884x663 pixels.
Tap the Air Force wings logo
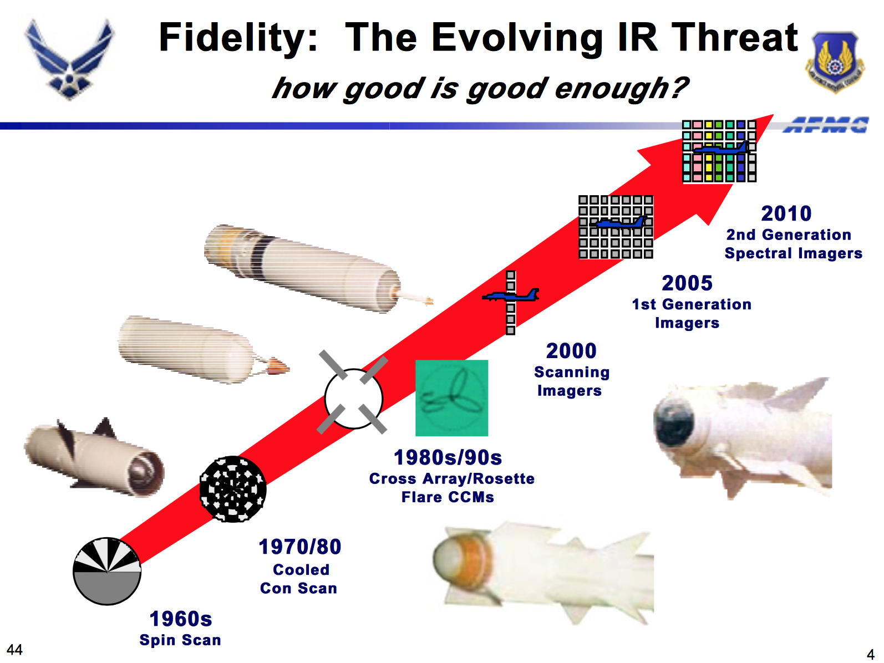pyautogui.click(x=70, y=59)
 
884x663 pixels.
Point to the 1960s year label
pyautogui.click(x=180, y=619)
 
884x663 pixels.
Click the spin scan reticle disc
pyautogui.click(x=107, y=571)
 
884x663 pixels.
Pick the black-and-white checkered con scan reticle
pyautogui.click(x=233, y=489)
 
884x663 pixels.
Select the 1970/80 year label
pyautogui.click(x=300, y=547)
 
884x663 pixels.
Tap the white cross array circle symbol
pyautogui.click(x=353, y=399)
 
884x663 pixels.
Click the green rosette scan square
pyautogui.click(x=451, y=397)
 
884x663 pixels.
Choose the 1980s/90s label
pyautogui.click(x=448, y=457)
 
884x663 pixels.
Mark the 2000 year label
pyautogui.click(x=571, y=350)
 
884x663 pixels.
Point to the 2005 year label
pyautogui.click(x=687, y=283)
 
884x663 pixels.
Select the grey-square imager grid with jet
pyautogui.click(x=616, y=227)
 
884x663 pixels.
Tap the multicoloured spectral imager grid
pyautogui.click(x=719, y=151)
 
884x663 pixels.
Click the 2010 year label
pyautogui.click(x=786, y=213)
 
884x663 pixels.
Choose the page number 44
pyautogui.click(x=14, y=649)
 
